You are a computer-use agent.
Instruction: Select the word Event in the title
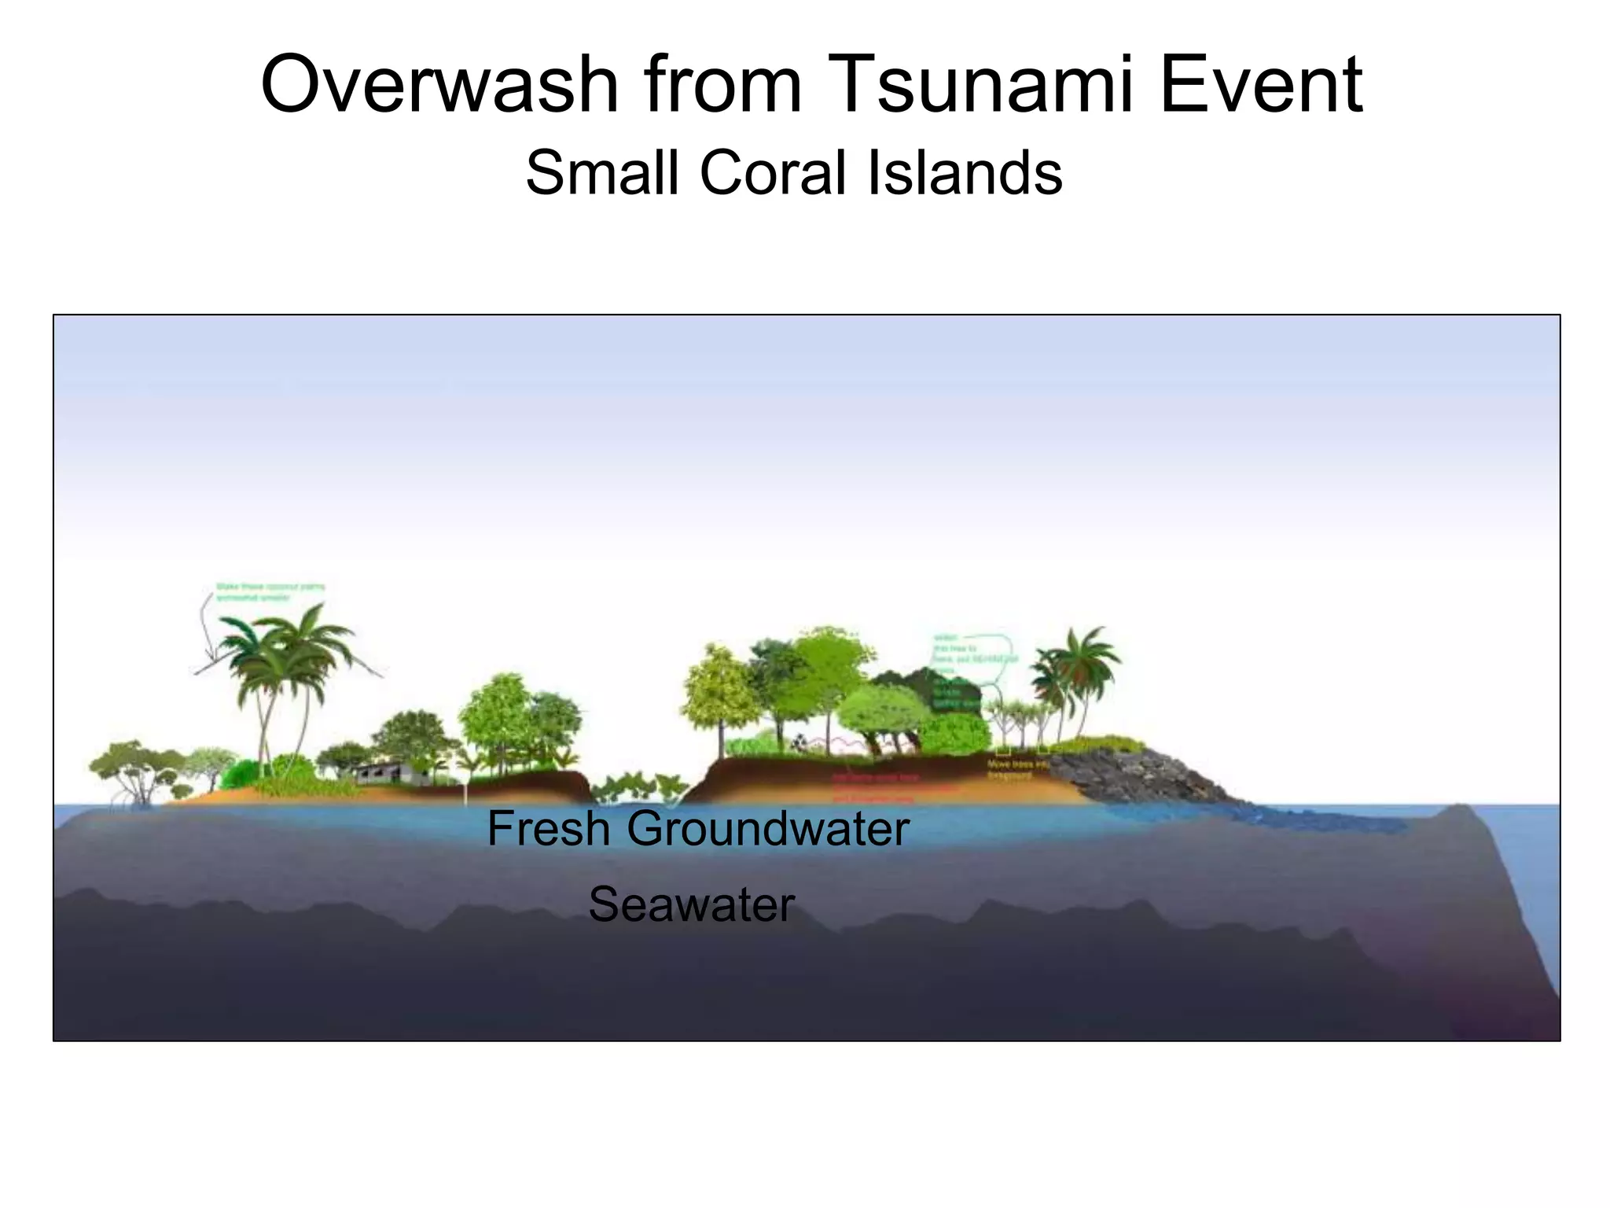[x=1261, y=84]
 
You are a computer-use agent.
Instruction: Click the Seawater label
[x=691, y=904]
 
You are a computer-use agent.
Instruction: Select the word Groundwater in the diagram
[x=768, y=828]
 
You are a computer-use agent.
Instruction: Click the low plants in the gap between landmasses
[x=637, y=786]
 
